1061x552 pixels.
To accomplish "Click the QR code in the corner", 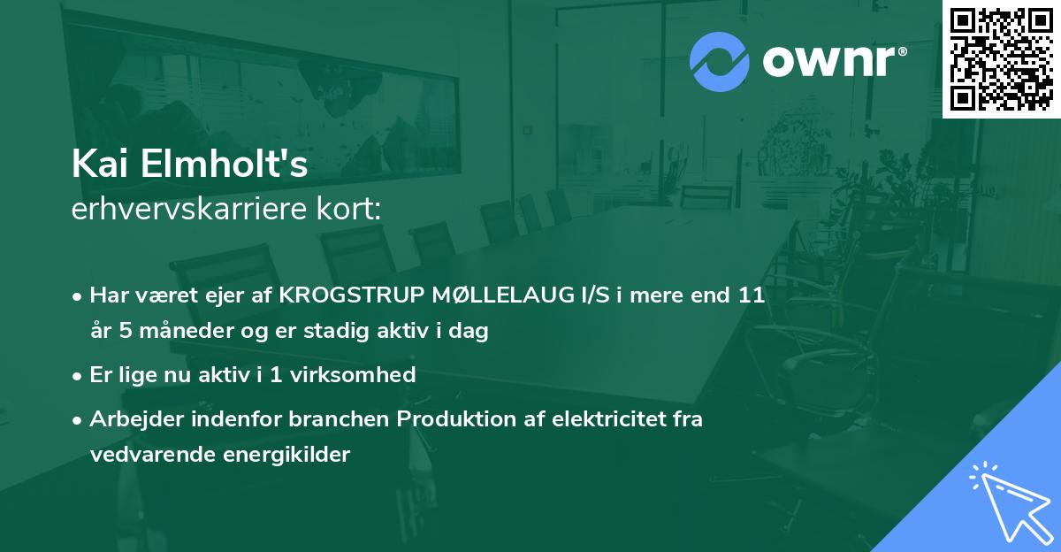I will click(1002, 58).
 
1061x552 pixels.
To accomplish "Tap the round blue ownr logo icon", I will click(720, 62).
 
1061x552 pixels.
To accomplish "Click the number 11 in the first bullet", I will click(752, 295).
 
